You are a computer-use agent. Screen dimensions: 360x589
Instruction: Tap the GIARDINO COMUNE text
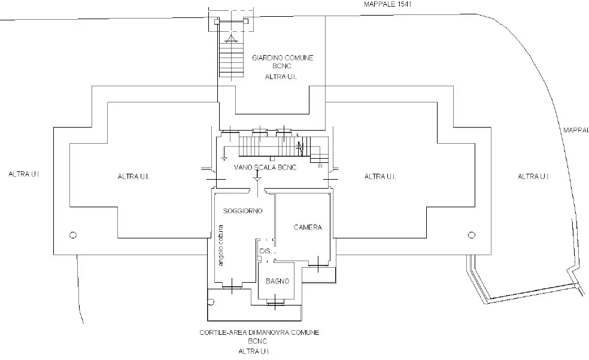click(283, 58)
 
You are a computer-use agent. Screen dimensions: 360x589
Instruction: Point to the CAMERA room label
click(308, 228)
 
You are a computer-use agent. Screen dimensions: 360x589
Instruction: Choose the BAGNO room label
click(277, 281)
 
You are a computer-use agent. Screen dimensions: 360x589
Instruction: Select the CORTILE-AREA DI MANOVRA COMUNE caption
click(268, 332)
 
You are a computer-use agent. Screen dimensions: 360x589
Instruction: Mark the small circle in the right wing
click(471, 234)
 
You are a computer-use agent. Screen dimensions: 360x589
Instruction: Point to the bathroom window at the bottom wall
click(275, 302)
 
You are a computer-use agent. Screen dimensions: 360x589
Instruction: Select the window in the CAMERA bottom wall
click(317, 262)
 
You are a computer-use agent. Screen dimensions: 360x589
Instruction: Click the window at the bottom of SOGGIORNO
click(231, 288)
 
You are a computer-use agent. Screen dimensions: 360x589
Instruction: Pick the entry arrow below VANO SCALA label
click(257, 178)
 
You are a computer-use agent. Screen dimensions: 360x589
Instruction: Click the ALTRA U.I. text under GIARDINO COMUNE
click(281, 77)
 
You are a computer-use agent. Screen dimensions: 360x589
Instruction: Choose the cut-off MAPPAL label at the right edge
click(575, 129)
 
